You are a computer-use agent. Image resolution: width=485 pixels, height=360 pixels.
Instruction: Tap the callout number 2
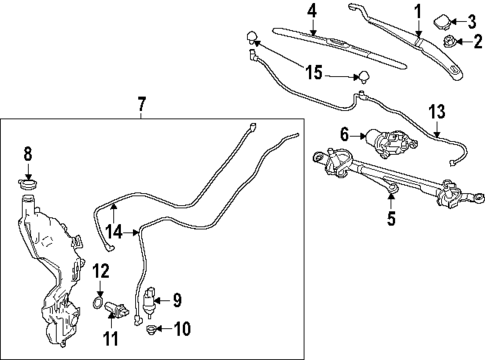point(474,41)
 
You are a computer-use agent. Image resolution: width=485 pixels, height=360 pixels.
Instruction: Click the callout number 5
point(390,214)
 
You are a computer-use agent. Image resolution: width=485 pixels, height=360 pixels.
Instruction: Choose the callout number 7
point(141,104)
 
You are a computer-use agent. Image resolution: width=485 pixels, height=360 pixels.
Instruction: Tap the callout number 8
point(28,153)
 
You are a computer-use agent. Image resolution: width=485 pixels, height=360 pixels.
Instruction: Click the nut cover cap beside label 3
point(443,20)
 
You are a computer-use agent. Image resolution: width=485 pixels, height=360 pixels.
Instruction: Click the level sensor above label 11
point(117,306)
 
